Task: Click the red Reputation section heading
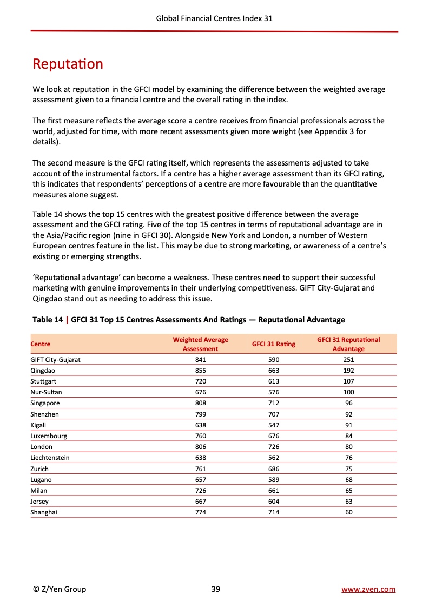click(68, 64)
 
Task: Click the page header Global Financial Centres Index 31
click(214, 18)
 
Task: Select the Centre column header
click(41, 344)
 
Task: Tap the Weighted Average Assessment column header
click(200, 344)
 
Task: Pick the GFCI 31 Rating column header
click(274, 344)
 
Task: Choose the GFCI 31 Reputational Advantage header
click(348, 344)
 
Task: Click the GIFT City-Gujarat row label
click(56, 359)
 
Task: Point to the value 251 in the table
click(348, 359)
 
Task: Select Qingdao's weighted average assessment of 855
click(200, 371)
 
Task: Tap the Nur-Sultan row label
click(46, 392)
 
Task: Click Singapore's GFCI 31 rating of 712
click(274, 403)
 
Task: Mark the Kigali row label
click(38, 425)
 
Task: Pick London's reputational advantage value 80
click(348, 447)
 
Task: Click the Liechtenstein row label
click(50, 458)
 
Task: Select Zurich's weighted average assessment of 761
click(200, 469)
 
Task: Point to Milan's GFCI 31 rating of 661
click(274, 491)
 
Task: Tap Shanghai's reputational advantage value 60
click(348, 512)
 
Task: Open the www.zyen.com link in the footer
click(368, 589)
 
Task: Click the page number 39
click(215, 589)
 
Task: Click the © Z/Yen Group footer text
click(59, 589)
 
